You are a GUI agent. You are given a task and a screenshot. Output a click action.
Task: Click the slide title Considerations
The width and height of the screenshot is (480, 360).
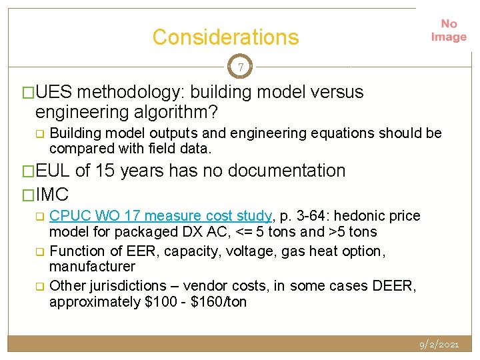coord(225,37)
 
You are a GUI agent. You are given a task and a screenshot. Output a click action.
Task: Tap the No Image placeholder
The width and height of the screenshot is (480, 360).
coord(448,31)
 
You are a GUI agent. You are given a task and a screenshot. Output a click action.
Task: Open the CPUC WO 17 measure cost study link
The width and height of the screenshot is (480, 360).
coord(161,216)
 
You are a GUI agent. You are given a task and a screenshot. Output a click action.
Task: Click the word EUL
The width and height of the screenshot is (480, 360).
coord(53,171)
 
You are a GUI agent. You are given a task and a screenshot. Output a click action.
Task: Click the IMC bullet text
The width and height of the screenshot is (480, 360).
coord(53,194)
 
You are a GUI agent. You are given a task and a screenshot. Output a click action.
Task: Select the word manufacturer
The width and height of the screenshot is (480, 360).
coord(92,267)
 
